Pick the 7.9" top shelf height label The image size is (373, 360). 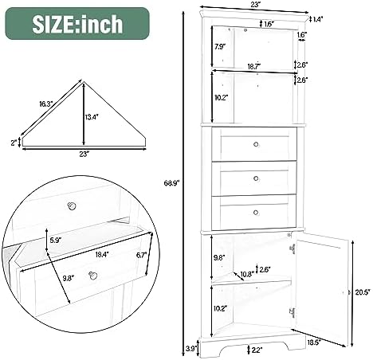[x=220, y=46]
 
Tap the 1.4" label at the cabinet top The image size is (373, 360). [x=319, y=18]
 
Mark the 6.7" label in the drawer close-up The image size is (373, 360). [x=142, y=255]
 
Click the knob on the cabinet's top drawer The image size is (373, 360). [x=257, y=143]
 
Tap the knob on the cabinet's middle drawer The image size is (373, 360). [x=257, y=178]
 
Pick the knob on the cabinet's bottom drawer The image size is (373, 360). [x=257, y=211]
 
